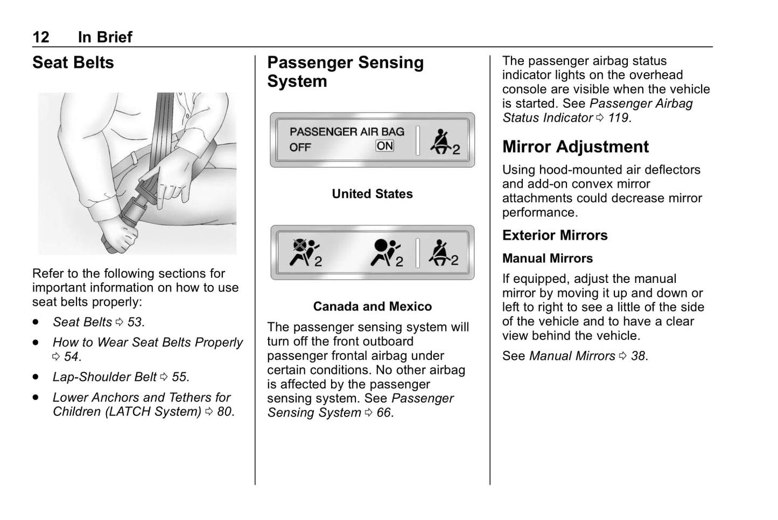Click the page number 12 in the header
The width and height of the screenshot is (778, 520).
[x=41, y=37]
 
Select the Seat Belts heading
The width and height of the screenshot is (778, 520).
[x=73, y=63]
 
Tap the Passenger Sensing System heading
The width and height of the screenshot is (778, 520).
[x=345, y=72]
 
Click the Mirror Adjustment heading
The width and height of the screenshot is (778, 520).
[x=575, y=147]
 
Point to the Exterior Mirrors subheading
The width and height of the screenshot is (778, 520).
[x=555, y=235]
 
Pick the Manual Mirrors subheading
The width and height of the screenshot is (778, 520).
[x=547, y=258]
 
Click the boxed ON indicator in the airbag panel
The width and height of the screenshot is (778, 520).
[x=385, y=146]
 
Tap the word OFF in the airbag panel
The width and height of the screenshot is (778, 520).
[x=300, y=147]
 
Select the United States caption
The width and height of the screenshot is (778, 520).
[x=372, y=194]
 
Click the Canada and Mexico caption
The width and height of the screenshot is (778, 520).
[x=372, y=307]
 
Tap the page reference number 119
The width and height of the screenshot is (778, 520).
[x=618, y=117]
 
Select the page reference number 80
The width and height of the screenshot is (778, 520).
[x=225, y=412]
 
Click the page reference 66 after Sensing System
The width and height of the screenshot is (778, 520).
[x=384, y=413]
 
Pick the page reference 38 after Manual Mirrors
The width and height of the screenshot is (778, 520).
[x=639, y=356]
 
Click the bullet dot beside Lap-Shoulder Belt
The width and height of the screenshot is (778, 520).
[x=36, y=377]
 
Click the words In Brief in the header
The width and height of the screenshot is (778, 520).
[x=105, y=37]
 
